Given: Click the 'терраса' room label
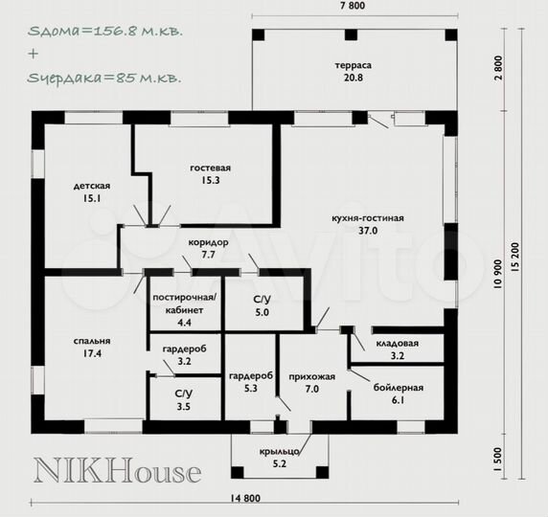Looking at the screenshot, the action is click(353, 65).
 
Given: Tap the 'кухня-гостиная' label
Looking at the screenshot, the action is click(368, 218).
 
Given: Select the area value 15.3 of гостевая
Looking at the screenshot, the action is click(210, 180).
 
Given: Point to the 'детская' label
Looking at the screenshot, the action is click(92, 186).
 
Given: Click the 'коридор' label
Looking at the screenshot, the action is click(208, 242).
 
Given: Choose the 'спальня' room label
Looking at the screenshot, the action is click(92, 341).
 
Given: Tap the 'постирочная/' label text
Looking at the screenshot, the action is click(185, 298).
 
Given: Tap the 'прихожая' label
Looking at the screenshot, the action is click(312, 377).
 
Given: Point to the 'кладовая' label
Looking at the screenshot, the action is click(398, 344).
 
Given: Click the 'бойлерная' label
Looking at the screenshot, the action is click(399, 388).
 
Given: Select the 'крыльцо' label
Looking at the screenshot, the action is click(280, 452).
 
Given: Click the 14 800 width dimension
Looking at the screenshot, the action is click(245, 498).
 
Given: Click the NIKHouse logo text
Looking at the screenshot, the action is click(118, 470).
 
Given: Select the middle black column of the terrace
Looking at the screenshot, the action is click(352, 35).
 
